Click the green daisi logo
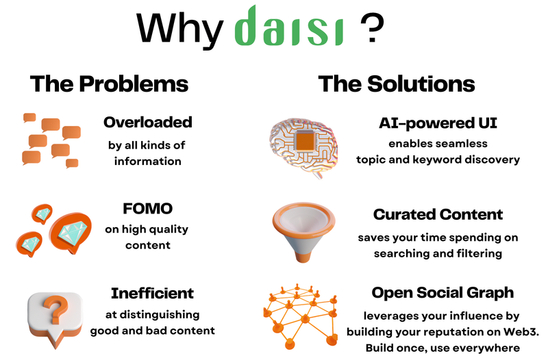click(289, 26)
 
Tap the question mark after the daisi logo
click(372, 28)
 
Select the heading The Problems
click(109, 83)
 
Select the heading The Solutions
click(397, 83)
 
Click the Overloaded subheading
click(148, 123)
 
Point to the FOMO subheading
click(147, 209)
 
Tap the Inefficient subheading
click(152, 294)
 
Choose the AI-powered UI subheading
click(438, 123)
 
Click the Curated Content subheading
click(438, 214)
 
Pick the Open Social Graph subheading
click(443, 293)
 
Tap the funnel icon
click(303, 232)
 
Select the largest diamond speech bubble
click(71, 231)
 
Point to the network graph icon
click(300, 316)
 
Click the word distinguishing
click(160, 315)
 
